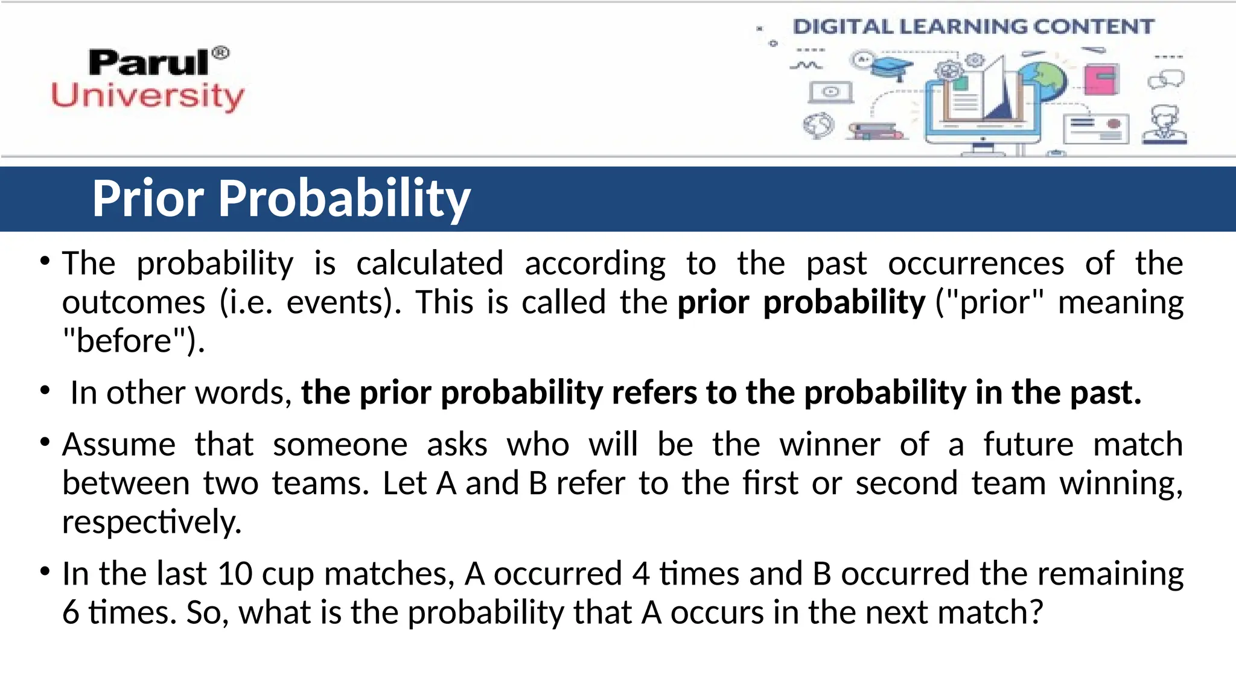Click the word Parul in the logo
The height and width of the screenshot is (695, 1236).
click(x=148, y=63)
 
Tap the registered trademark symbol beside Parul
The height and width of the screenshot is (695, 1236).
click(x=221, y=53)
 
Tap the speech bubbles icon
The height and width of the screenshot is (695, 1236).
click(x=1166, y=79)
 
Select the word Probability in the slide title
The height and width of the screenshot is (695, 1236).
click(x=344, y=199)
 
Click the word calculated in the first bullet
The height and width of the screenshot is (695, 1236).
click(x=430, y=264)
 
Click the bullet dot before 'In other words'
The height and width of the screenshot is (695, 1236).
click(x=45, y=391)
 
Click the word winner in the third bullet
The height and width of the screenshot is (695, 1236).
click(x=830, y=445)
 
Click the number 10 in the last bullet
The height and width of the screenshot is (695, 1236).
click(x=235, y=574)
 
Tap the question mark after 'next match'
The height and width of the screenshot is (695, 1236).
click(x=1036, y=612)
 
